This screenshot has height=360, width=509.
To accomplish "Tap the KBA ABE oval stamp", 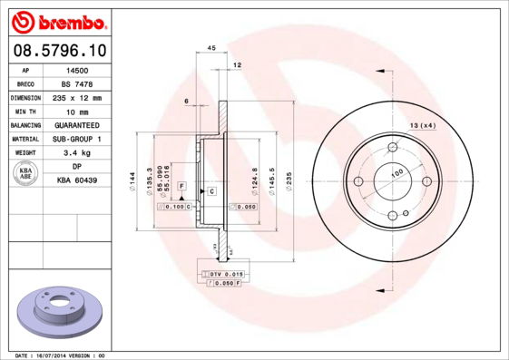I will point(25,174).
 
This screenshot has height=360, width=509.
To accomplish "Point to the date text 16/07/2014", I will point(62,355).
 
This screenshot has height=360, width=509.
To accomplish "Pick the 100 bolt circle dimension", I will point(396,172).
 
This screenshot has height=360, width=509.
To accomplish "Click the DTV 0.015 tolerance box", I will point(226,274).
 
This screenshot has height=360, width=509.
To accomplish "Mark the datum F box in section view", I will point(182,185).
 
